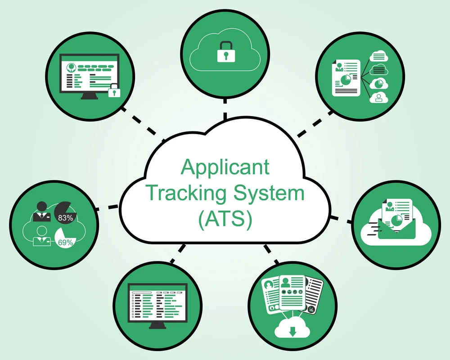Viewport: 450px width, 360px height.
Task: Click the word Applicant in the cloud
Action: [x=225, y=167]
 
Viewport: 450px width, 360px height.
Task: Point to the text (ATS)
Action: [x=225, y=220]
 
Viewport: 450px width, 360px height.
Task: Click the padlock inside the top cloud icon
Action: [x=225, y=52]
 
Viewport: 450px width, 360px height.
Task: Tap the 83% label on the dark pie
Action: [x=66, y=218]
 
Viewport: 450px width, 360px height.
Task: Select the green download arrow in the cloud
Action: [x=292, y=332]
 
